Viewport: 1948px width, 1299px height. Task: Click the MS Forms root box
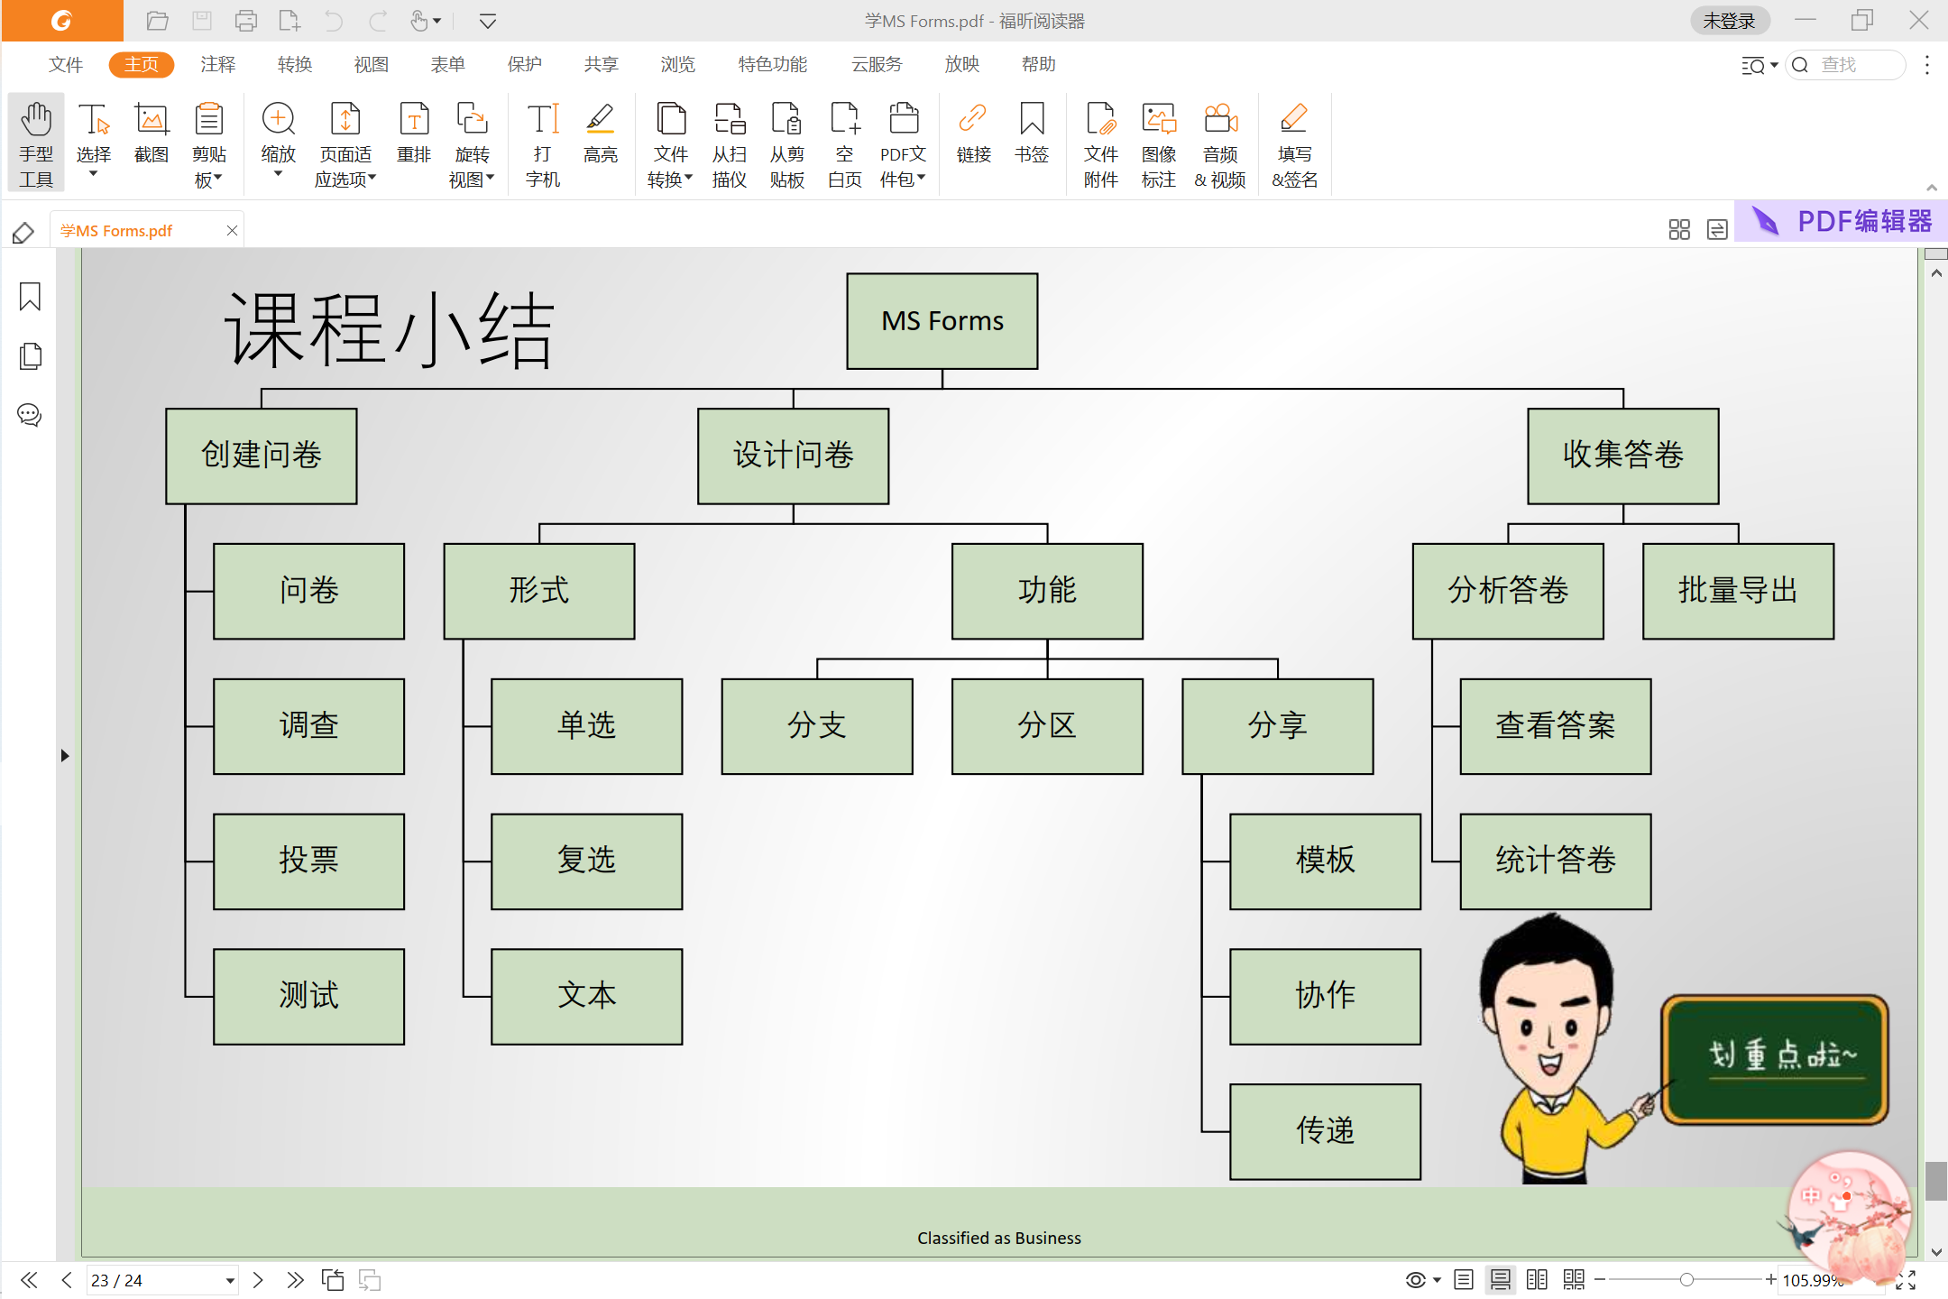pos(942,321)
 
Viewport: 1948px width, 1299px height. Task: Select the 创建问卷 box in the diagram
pos(262,456)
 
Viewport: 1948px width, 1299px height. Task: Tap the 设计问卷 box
pos(794,456)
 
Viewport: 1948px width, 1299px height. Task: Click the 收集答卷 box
pos(1623,456)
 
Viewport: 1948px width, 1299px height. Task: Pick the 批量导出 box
pos(1738,591)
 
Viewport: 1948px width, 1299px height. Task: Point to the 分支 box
pos(817,726)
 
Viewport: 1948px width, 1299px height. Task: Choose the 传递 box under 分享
pos(1326,1131)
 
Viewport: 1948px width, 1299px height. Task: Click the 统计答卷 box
pos(1556,861)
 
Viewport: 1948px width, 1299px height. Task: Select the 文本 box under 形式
pos(587,996)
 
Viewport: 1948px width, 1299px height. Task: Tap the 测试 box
pos(308,996)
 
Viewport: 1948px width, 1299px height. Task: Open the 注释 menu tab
pos(217,64)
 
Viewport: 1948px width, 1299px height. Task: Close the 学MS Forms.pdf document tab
pos(232,230)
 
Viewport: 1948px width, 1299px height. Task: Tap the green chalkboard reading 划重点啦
pos(1775,1059)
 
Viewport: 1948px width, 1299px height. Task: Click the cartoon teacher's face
pos(1549,1024)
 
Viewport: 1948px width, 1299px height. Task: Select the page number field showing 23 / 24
pos(161,1280)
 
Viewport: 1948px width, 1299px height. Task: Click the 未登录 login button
pos(1729,21)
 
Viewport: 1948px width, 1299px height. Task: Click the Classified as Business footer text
pos(999,1238)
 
